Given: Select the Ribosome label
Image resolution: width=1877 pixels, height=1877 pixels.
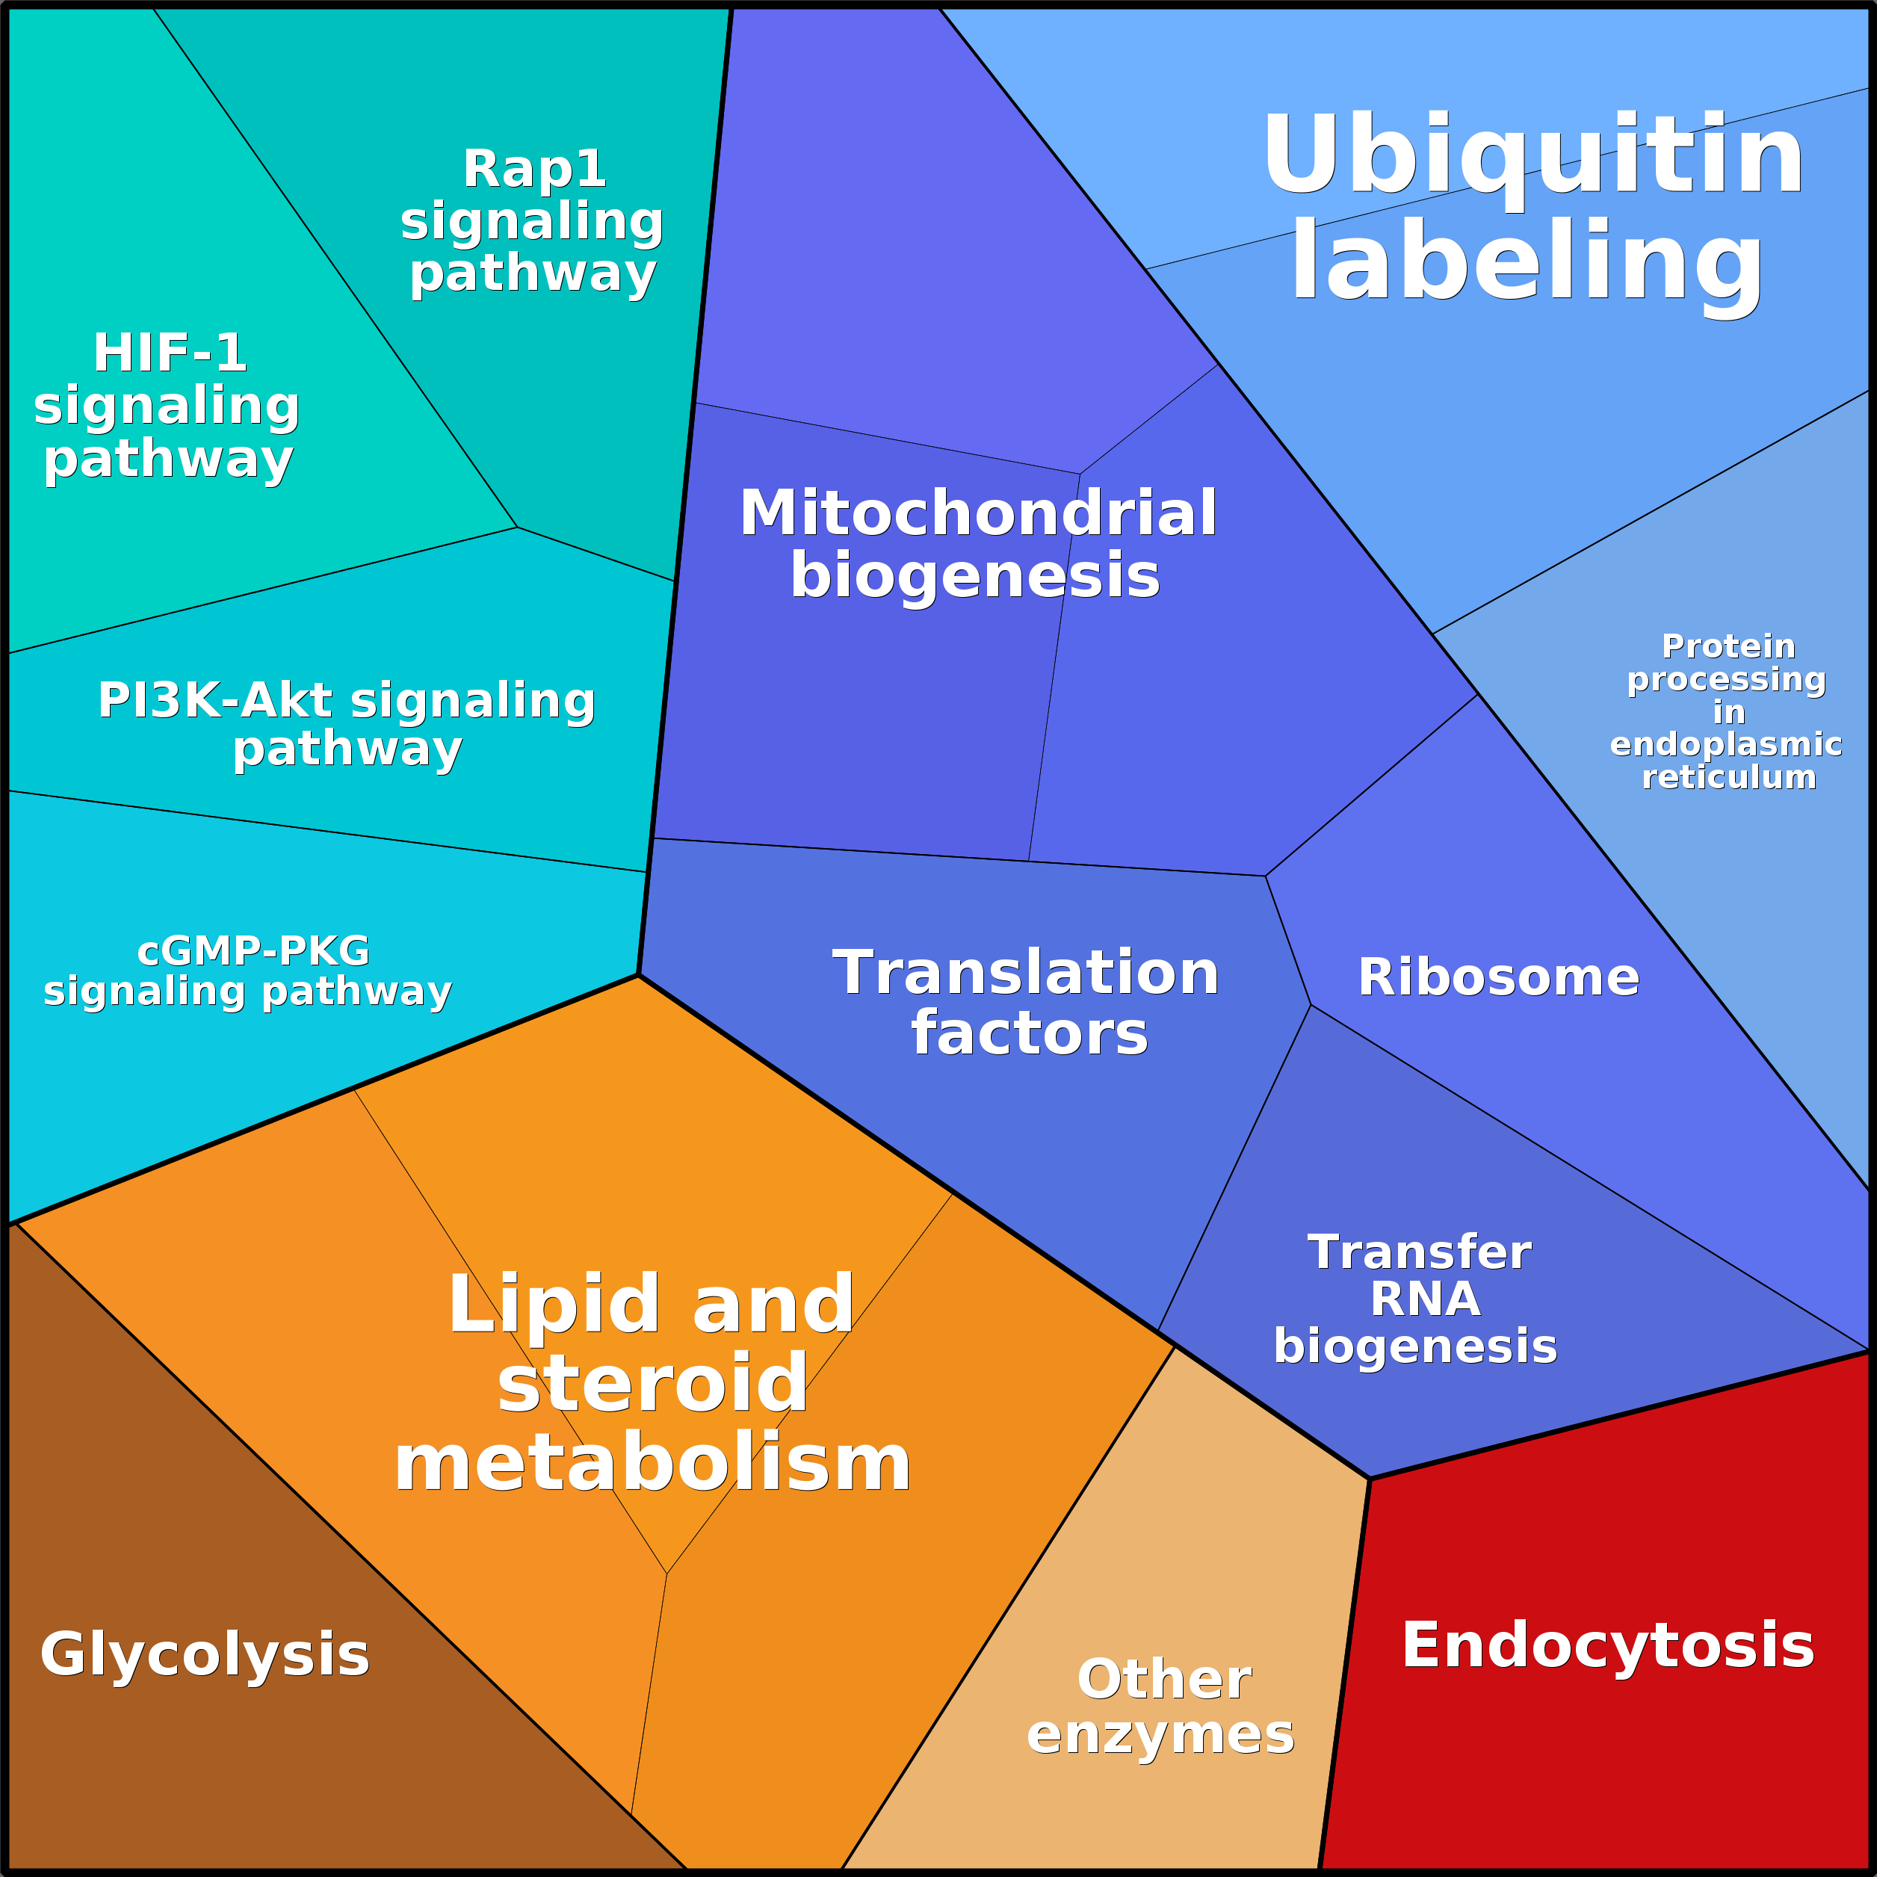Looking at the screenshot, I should point(1498,977).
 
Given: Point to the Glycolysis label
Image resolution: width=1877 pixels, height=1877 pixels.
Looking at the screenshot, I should point(205,1654).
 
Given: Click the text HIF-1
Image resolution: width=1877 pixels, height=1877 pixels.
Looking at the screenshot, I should point(170,352).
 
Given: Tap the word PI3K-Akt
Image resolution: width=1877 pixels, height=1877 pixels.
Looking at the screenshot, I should point(216,699).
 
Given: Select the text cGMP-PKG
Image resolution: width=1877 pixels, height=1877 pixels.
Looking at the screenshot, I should point(253,950).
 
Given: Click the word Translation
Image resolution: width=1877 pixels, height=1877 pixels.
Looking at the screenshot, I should point(1026,973).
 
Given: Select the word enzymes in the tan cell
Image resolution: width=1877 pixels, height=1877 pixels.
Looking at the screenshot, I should point(1160,1734).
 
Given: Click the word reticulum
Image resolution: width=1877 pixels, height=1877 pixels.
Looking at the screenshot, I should point(1728,777).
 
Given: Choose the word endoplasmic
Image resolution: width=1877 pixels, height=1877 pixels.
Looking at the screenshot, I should point(1726,744).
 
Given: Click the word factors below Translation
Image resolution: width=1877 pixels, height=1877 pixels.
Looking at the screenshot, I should point(1030,1033).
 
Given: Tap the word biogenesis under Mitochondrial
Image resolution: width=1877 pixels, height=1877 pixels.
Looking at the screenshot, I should point(974,575).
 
